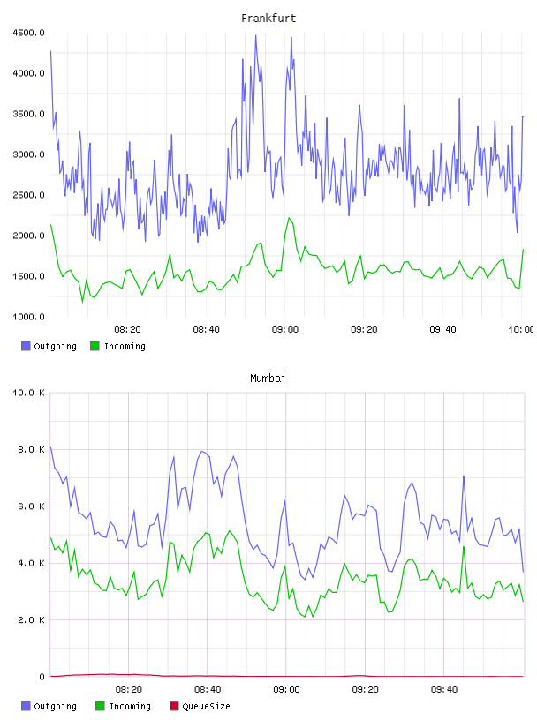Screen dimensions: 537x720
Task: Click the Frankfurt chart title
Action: (268, 18)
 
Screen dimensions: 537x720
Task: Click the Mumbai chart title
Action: (268, 378)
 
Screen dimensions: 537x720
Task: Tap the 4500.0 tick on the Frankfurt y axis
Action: (28, 33)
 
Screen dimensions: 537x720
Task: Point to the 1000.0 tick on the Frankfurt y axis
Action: (28, 317)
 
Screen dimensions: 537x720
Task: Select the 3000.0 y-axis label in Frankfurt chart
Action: (28, 154)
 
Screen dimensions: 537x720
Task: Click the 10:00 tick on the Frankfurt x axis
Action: (520, 329)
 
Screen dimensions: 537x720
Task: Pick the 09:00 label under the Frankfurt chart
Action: (285, 329)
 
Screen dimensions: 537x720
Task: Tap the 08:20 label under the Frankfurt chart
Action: (127, 329)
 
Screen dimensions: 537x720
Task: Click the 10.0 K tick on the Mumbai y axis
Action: (28, 393)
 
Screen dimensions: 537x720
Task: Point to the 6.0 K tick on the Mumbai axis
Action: (31, 506)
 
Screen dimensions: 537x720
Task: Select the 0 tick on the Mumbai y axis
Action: (42, 677)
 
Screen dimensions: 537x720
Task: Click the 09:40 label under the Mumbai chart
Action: (444, 689)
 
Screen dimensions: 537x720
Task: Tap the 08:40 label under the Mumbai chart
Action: (208, 689)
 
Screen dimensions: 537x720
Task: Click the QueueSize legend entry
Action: (200, 706)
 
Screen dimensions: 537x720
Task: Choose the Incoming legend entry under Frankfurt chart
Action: (117, 346)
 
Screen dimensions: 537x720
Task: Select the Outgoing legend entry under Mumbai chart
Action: (49, 706)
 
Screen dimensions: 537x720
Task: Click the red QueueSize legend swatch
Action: (174, 706)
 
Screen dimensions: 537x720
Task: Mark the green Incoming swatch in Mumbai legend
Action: (100, 706)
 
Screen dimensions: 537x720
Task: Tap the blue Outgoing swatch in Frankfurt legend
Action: (26, 346)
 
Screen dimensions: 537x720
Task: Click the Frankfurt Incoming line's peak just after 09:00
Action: (289, 218)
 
